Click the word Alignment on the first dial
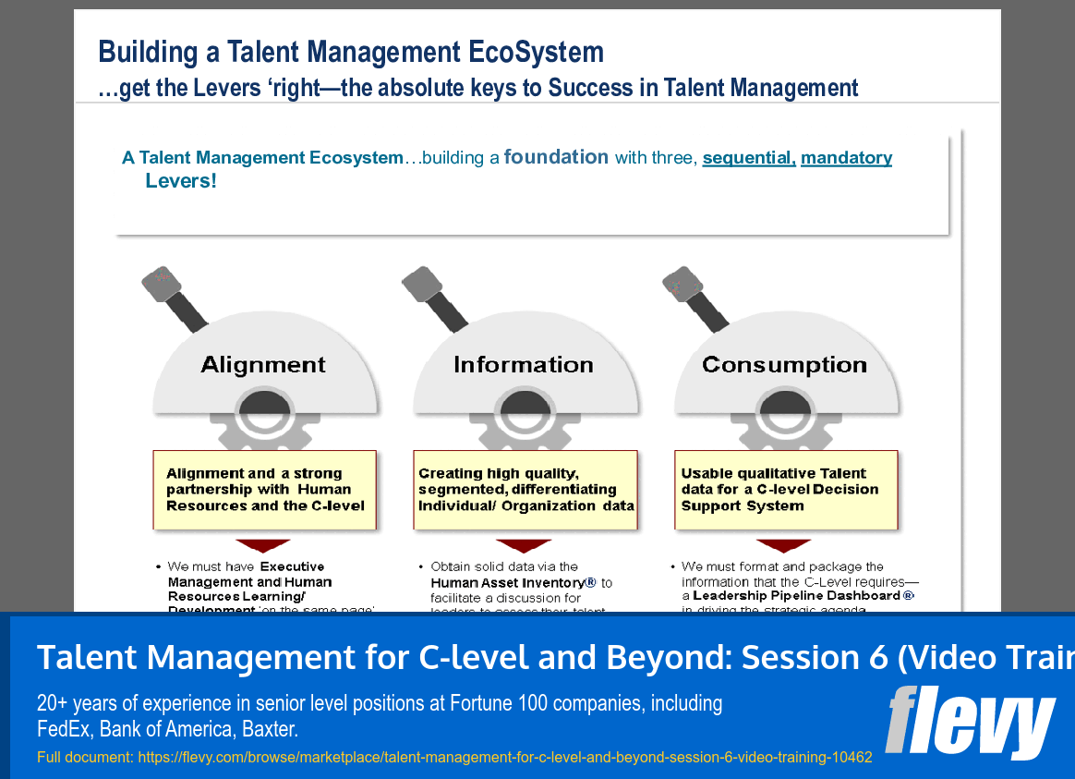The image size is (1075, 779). click(263, 365)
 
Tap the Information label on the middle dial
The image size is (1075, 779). click(524, 365)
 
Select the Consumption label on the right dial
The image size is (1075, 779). click(784, 365)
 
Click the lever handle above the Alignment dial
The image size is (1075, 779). click(175, 298)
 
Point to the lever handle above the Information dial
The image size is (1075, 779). click(437, 298)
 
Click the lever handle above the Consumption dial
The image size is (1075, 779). click(698, 298)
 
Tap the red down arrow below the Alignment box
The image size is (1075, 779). click(262, 545)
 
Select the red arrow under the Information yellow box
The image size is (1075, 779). click(524, 545)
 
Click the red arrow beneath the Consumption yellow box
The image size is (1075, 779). click(784, 545)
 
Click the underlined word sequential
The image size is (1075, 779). click(748, 158)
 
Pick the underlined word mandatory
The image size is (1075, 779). click(846, 158)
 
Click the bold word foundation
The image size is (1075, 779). click(556, 157)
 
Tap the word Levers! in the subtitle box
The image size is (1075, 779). click(181, 181)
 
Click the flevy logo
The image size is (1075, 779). click(969, 721)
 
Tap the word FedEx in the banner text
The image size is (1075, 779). click(63, 730)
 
